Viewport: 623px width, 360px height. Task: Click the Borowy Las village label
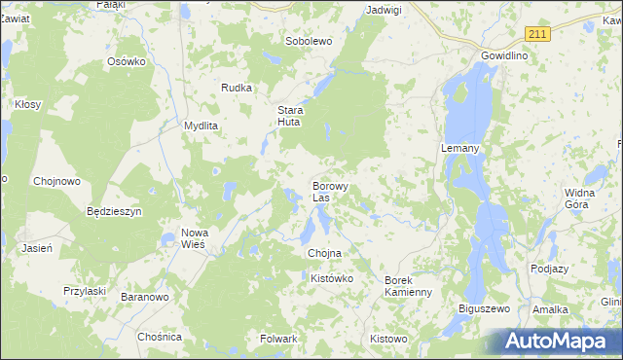tap(330, 191)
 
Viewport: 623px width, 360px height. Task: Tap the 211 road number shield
tap(537, 34)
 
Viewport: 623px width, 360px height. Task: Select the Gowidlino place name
tap(504, 56)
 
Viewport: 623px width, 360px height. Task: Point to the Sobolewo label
tap(309, 42)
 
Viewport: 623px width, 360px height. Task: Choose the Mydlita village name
tap(202, 126)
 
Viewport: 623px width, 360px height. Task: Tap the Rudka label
tap(237, 88)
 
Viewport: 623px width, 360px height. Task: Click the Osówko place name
tap(126, 61)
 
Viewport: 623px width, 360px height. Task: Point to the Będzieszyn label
tap(115, 211)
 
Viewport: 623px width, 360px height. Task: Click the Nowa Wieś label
tap(195, 238)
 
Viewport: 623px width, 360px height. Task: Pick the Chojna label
tap(324, 253)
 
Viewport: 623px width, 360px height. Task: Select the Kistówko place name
tap(331, 279)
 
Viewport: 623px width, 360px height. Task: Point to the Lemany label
tap(458, 148)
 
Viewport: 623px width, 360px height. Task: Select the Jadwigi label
tap(383, 10)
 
